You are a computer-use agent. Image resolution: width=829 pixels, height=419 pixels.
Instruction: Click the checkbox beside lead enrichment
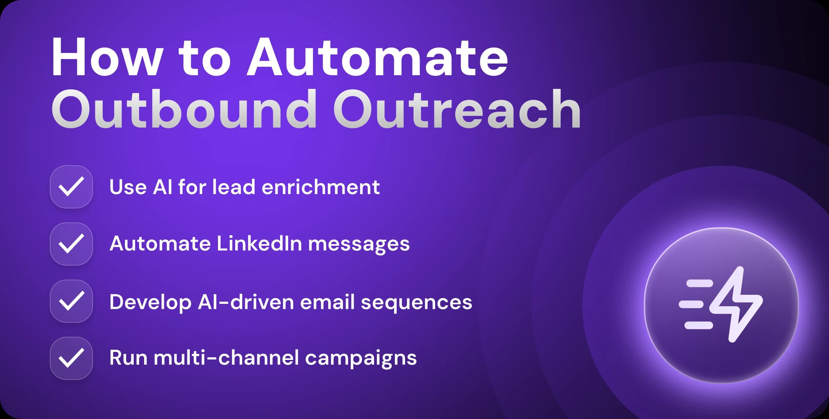(x=71, y=187)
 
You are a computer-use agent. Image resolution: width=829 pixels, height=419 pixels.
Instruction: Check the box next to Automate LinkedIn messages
(x=71, y=244)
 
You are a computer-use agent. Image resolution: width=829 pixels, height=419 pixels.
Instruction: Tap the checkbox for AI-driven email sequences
(x=71, y=301)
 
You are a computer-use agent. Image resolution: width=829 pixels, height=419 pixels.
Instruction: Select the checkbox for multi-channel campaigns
(x=71, y=358)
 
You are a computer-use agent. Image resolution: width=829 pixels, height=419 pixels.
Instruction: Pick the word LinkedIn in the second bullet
(x=259, y=244)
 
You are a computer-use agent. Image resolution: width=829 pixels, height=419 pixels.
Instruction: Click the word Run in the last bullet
(x=128, y=358)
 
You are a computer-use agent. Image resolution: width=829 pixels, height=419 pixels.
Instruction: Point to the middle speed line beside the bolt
(x=691, y=305)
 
